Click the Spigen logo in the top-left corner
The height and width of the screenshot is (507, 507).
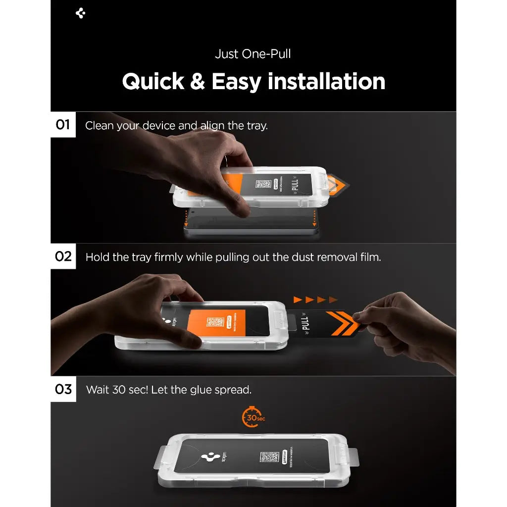click(x=81, y=13)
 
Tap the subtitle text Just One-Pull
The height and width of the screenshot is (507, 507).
click(x=253, y=54)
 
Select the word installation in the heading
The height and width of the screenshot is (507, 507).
click(x=326, y=82)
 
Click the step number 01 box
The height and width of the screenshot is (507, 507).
click(x=63, y=125)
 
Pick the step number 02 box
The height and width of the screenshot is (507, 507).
click(x=63, y=256)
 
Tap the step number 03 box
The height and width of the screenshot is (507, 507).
click(x=63, y=389)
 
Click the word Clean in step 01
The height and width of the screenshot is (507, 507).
click(x=100, y=126)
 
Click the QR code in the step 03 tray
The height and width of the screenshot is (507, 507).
click(x=269, y=456)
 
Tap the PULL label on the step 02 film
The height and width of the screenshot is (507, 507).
click(x=305, y=324)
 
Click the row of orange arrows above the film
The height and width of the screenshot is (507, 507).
click(x=315, y=300)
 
